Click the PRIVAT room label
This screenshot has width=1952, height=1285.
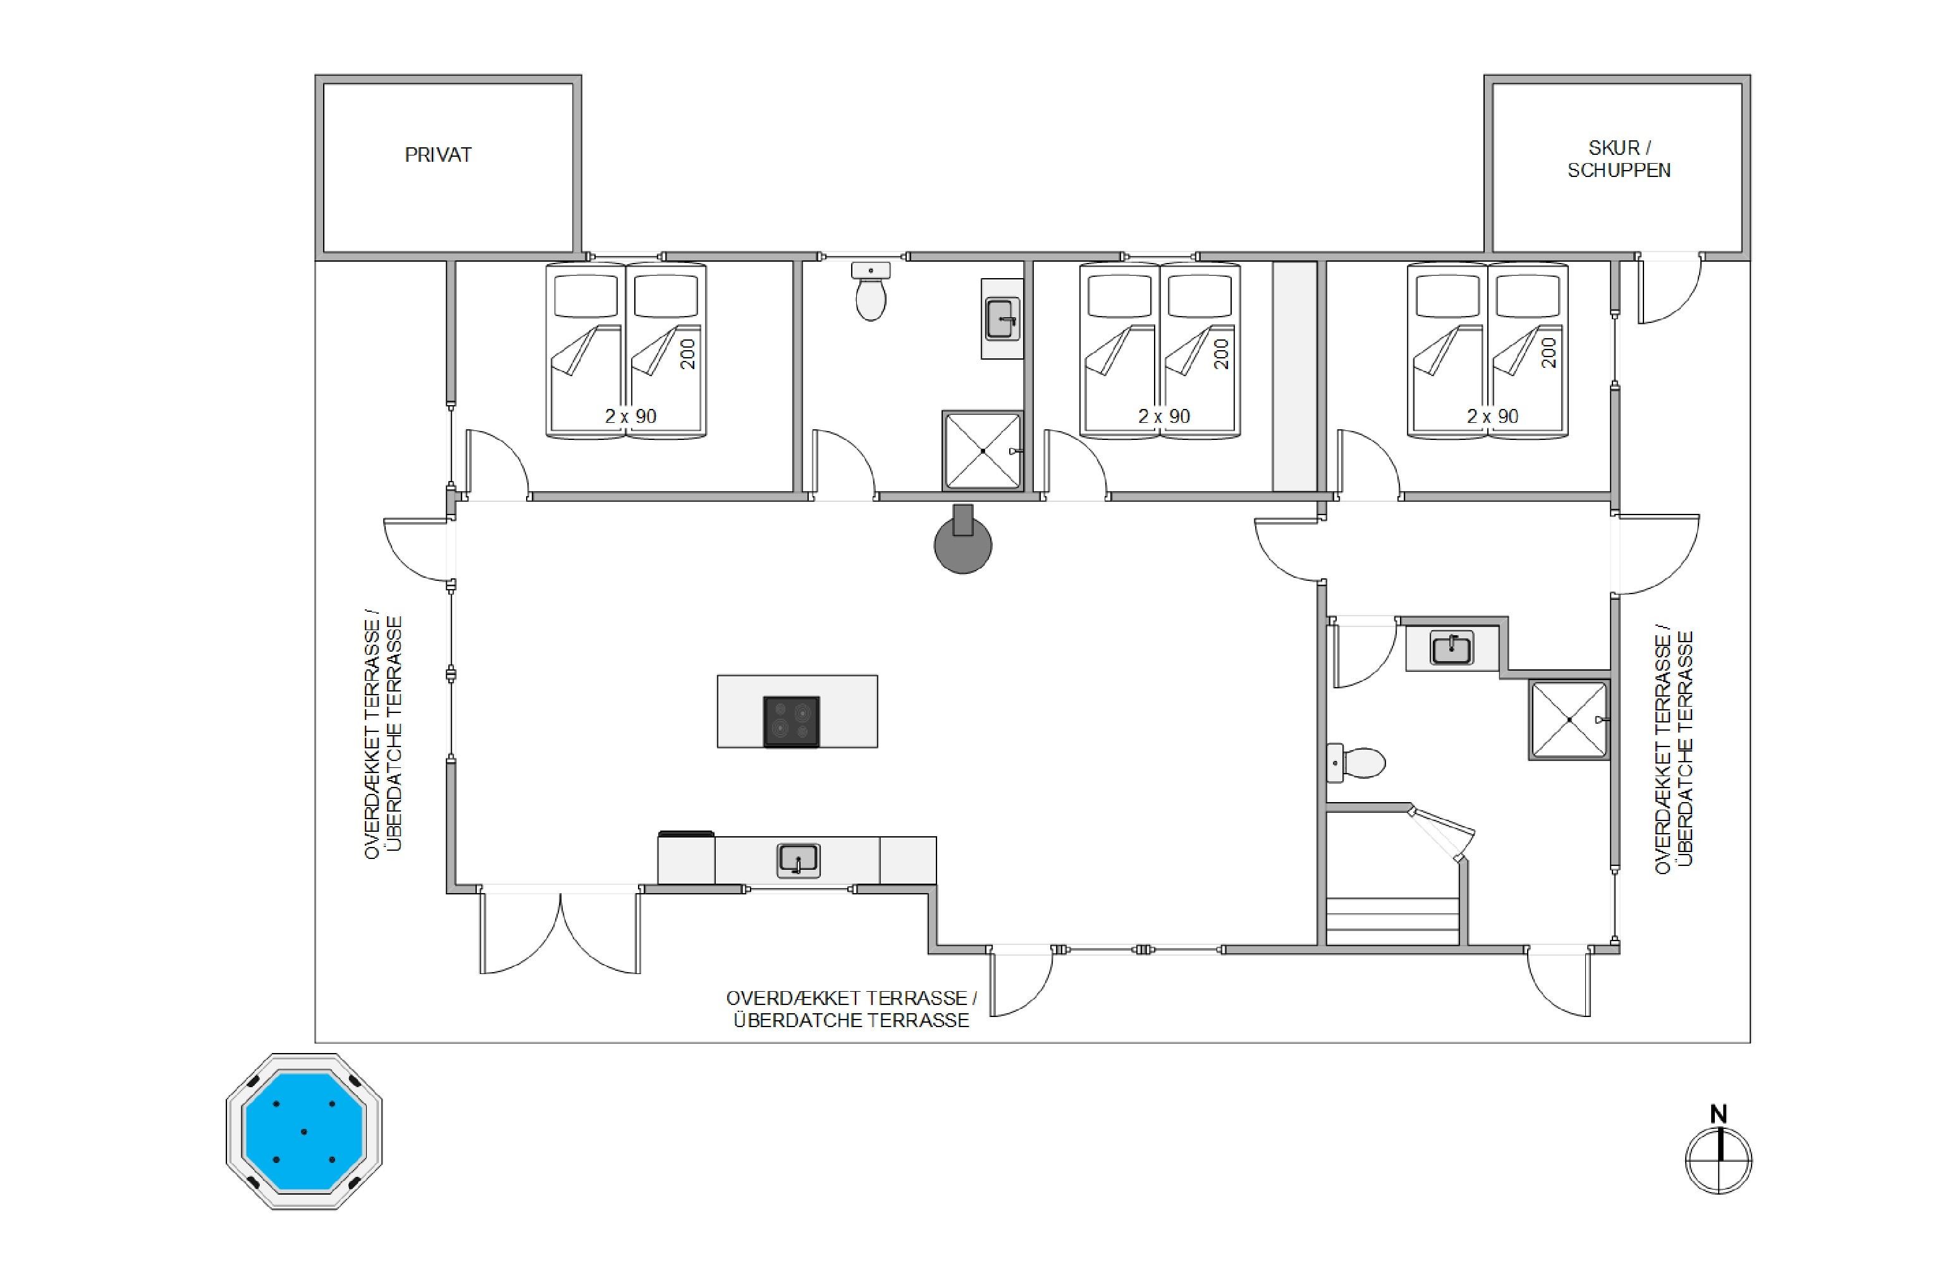point(438,155)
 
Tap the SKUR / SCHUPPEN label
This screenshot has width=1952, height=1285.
point(1618,159)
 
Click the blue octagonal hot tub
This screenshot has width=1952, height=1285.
point(304,1131)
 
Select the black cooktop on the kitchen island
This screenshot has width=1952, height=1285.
point(792,722)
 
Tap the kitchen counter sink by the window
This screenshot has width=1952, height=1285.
point(798,860)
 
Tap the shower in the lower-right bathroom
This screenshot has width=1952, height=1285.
point(1569,720)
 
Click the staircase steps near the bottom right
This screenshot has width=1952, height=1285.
point(1392,921)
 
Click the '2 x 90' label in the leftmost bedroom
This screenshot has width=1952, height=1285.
point(630,417)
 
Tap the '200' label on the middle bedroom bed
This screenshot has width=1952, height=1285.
point(1221,354)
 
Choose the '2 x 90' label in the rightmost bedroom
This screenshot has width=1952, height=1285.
point(1493,417)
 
